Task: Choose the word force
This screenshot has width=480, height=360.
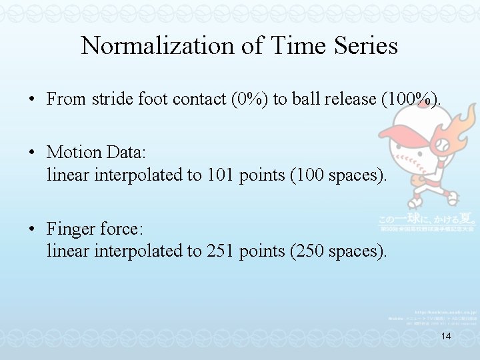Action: click(121, 229)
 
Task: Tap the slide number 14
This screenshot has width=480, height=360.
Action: click(446, 337)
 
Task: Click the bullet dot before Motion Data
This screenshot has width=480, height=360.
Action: click(32, 153)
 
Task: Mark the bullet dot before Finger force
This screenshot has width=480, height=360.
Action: click(32, 229)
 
